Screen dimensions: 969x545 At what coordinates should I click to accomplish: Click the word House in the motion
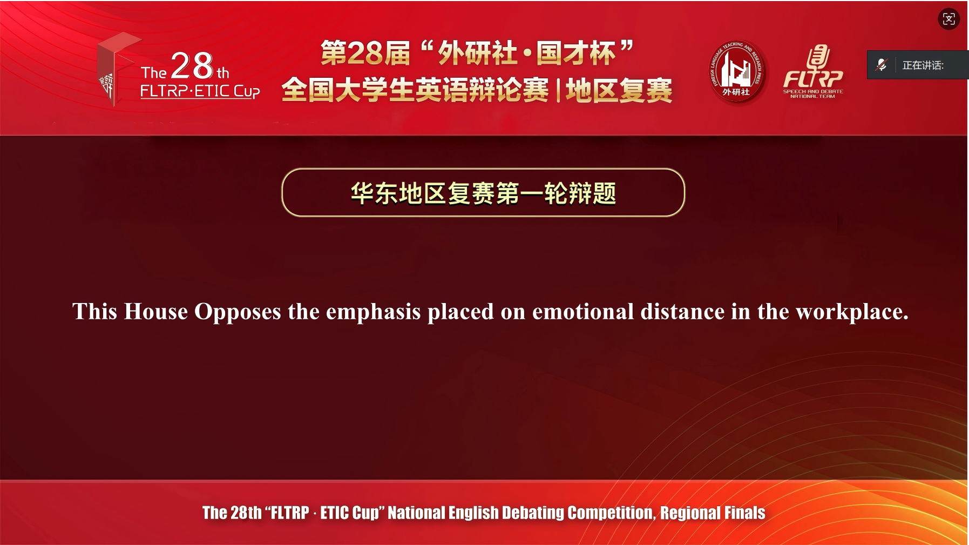[155, 312]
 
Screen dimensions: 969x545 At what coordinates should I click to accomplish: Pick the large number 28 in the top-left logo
[192, 65]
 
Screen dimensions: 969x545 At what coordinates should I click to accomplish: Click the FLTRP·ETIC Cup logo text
[200, 91]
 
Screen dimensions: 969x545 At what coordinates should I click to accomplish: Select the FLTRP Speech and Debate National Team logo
[813, 71]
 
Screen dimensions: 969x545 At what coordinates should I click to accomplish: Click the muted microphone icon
[881, 65]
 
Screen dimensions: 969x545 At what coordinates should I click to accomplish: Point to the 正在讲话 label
[923, 65]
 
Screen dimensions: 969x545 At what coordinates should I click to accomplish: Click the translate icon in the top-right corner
[948, 19]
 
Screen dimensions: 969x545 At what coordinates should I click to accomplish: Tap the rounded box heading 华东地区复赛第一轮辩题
[483, 193]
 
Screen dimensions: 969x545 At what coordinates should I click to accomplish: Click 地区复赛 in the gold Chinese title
[619, 91]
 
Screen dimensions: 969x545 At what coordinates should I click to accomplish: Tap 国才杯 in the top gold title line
[576, 53]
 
